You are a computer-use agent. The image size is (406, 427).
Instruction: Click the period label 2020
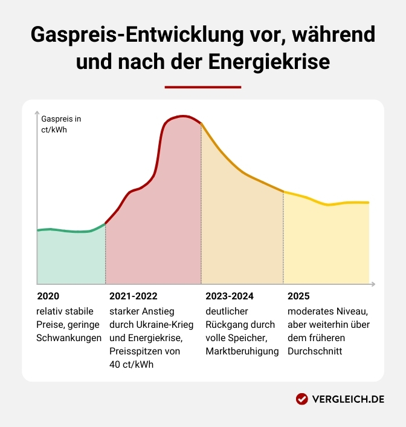48,296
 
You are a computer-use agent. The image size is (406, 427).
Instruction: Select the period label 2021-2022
133,296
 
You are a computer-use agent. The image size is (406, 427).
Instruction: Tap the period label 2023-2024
230,296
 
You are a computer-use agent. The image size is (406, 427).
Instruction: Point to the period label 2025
298,296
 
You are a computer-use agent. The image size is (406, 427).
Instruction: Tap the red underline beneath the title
202,87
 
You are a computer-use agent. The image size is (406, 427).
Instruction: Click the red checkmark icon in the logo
302,399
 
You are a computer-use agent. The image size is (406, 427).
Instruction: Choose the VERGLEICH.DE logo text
349,399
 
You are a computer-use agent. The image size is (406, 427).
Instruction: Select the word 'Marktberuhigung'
242,351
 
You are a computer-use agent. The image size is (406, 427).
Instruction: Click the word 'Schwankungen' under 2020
69,338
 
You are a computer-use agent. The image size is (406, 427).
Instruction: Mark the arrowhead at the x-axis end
373,284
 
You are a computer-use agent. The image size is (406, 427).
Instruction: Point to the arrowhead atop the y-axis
37,114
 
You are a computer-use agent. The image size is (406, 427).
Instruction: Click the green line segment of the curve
69,231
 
